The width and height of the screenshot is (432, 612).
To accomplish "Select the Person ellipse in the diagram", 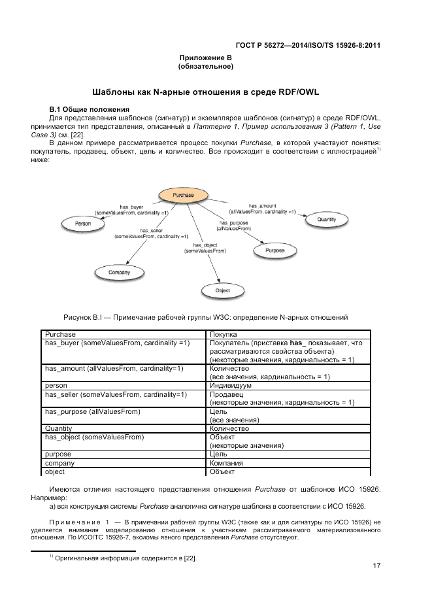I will (x=83, y=224).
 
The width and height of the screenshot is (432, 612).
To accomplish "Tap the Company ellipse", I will (x=120, y=272).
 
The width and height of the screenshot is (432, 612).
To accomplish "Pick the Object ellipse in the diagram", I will (x=223, y=290).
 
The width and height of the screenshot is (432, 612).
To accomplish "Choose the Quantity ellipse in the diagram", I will (x=326, y=220).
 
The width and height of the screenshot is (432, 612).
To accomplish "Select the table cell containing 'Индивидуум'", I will (x=231, y=386).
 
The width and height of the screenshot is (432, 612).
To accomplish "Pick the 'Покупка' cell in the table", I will (x=224, y=334).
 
